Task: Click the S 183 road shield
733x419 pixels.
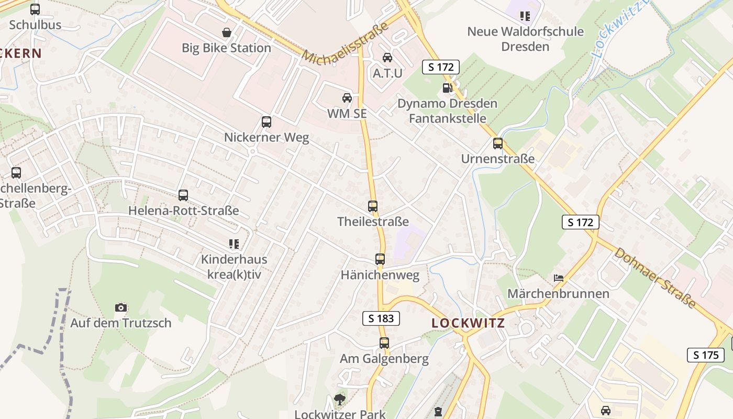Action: click(381, 318)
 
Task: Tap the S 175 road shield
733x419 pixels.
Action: click(706, 355)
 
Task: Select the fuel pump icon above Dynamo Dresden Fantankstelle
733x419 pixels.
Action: click(447, 88)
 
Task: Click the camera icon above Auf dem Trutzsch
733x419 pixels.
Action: click(121, 307)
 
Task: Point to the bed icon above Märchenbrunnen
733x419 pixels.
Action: click(559, 278)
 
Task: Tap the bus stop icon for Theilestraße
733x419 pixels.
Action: click(373, 206)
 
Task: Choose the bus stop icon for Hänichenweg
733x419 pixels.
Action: click(380, 259)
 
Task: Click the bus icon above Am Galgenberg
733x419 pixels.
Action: click(384, 343)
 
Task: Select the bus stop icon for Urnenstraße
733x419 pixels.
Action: click(498, 143)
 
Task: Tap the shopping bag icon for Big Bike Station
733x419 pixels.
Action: click(227, 32)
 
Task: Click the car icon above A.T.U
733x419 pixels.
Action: click(387, 58)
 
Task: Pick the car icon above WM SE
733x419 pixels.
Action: click(347, 98)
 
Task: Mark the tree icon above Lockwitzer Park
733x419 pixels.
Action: click(340, 400)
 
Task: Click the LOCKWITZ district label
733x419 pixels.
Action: click(468, 323)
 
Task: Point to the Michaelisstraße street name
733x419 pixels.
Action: click(346, 44)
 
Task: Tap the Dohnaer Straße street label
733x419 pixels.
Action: click(655, 278)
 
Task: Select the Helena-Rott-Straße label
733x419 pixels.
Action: click(184, 211)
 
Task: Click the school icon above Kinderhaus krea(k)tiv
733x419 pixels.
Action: click(234, 244)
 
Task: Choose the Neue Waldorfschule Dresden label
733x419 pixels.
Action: click(525, 39)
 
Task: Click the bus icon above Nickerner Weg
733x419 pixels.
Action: click(266, 122)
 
